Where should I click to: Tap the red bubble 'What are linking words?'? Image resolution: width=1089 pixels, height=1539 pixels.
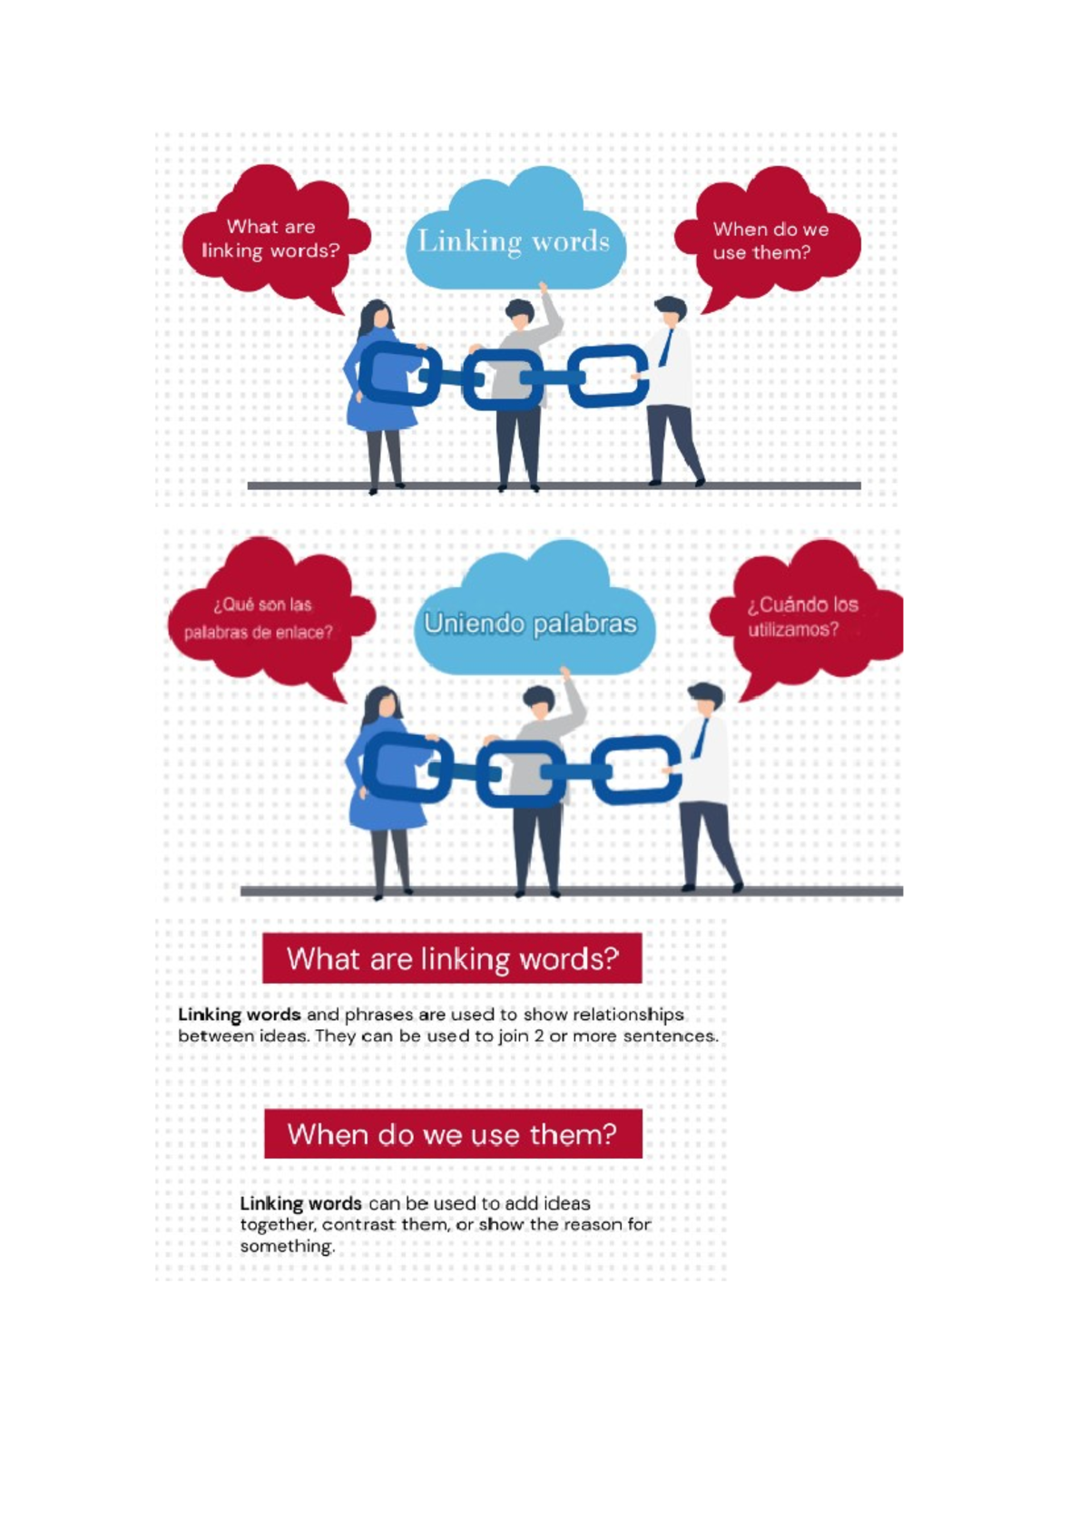(x=275, y=237)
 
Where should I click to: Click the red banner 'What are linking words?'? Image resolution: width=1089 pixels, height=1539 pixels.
(x=452, y=957)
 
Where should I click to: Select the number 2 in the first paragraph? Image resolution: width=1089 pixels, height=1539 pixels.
(x=538, y=1035)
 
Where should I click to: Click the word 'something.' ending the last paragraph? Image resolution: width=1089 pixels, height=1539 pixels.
(x=287, y=1246)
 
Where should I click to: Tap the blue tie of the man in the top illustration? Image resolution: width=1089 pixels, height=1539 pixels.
(x=666, y=348)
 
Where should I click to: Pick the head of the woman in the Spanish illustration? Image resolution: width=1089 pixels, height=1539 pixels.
(x=383, y=705)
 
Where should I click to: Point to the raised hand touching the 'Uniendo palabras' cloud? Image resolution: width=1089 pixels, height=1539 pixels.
(x=565, y=672)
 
